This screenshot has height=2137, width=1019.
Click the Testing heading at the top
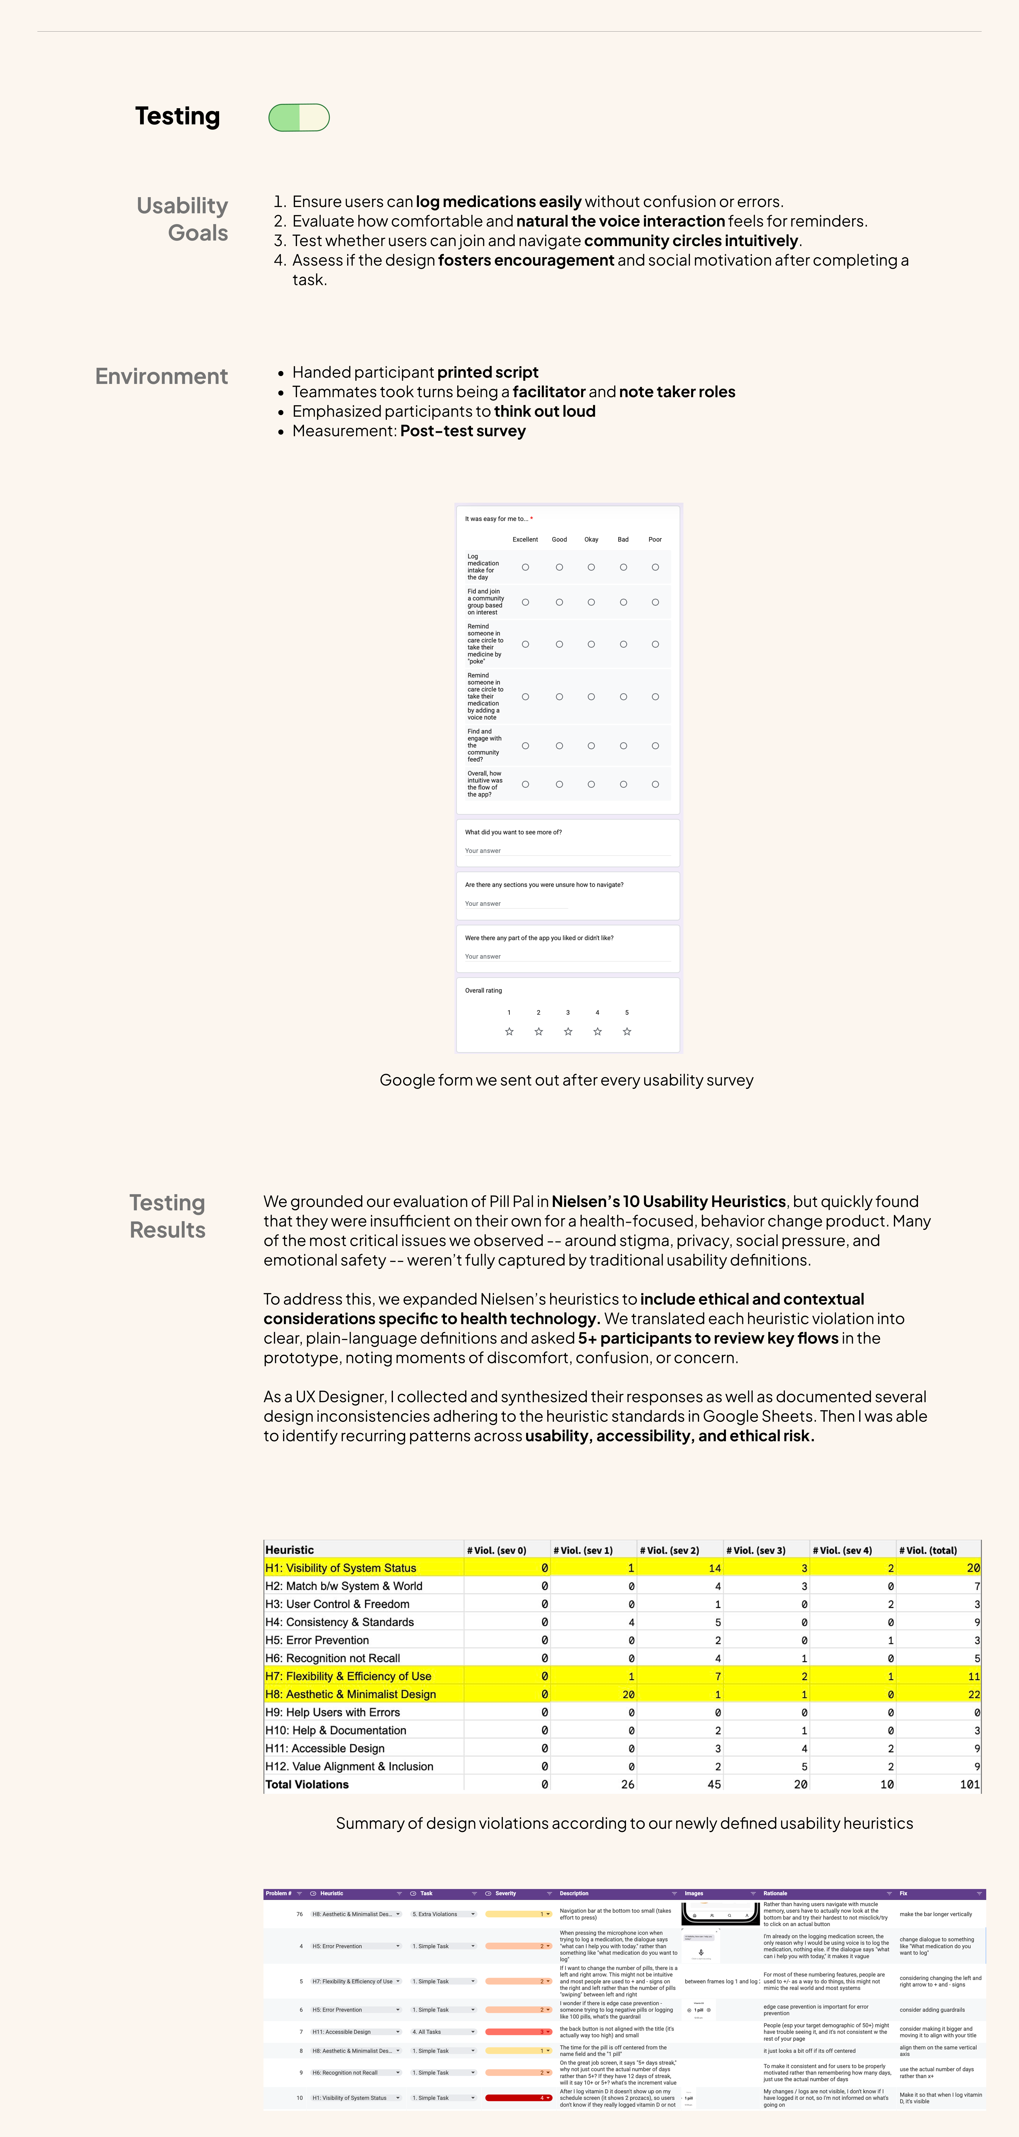178,116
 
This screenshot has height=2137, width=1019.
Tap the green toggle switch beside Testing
299,118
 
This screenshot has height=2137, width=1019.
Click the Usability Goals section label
182,219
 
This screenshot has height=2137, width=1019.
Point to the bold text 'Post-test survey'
463,431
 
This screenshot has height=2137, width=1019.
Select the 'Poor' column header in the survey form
655,539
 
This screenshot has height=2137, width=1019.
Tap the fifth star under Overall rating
627,1031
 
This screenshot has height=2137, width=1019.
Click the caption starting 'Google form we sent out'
566,1080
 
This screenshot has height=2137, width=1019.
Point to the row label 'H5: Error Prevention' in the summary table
317,1640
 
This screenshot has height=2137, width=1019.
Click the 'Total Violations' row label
307,1784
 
